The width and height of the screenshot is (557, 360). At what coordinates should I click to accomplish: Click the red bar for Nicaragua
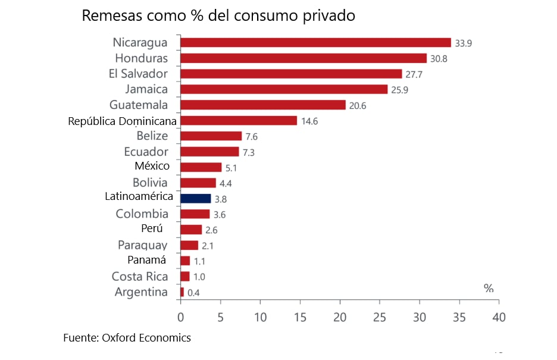click(x=315, y=42)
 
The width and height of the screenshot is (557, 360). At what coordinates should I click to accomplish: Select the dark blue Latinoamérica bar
click(x=195, y=198)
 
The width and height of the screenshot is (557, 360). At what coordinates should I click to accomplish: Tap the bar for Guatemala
click(x=262, y=105)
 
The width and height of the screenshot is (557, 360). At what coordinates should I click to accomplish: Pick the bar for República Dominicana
click(x=238, y=120)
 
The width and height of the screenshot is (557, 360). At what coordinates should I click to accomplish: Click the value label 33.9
click(x=463, y=43)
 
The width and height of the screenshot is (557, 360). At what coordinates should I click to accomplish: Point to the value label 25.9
click(x=400, y=90)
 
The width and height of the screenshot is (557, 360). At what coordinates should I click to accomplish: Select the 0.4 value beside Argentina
click(x=194, y=293)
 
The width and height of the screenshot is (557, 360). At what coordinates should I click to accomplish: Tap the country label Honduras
click(x=141, y=58)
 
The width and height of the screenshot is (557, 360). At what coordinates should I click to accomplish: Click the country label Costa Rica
click(x=140, y=277)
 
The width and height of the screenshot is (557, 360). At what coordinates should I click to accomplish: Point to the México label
click(x=152, y=166)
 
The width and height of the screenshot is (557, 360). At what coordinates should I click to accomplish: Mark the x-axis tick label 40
click(x=499, y=317)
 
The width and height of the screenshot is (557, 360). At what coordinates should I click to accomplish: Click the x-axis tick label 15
click(x=300, y=317)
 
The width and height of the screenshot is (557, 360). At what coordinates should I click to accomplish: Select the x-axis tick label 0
click(x=180, y=317)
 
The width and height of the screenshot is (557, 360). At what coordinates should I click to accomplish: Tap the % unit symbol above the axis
click(x=489, y=289)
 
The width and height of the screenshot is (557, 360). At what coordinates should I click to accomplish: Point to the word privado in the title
click(x=328, y=16)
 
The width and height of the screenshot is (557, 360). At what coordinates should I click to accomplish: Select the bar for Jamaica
click(x=283, y=89)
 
